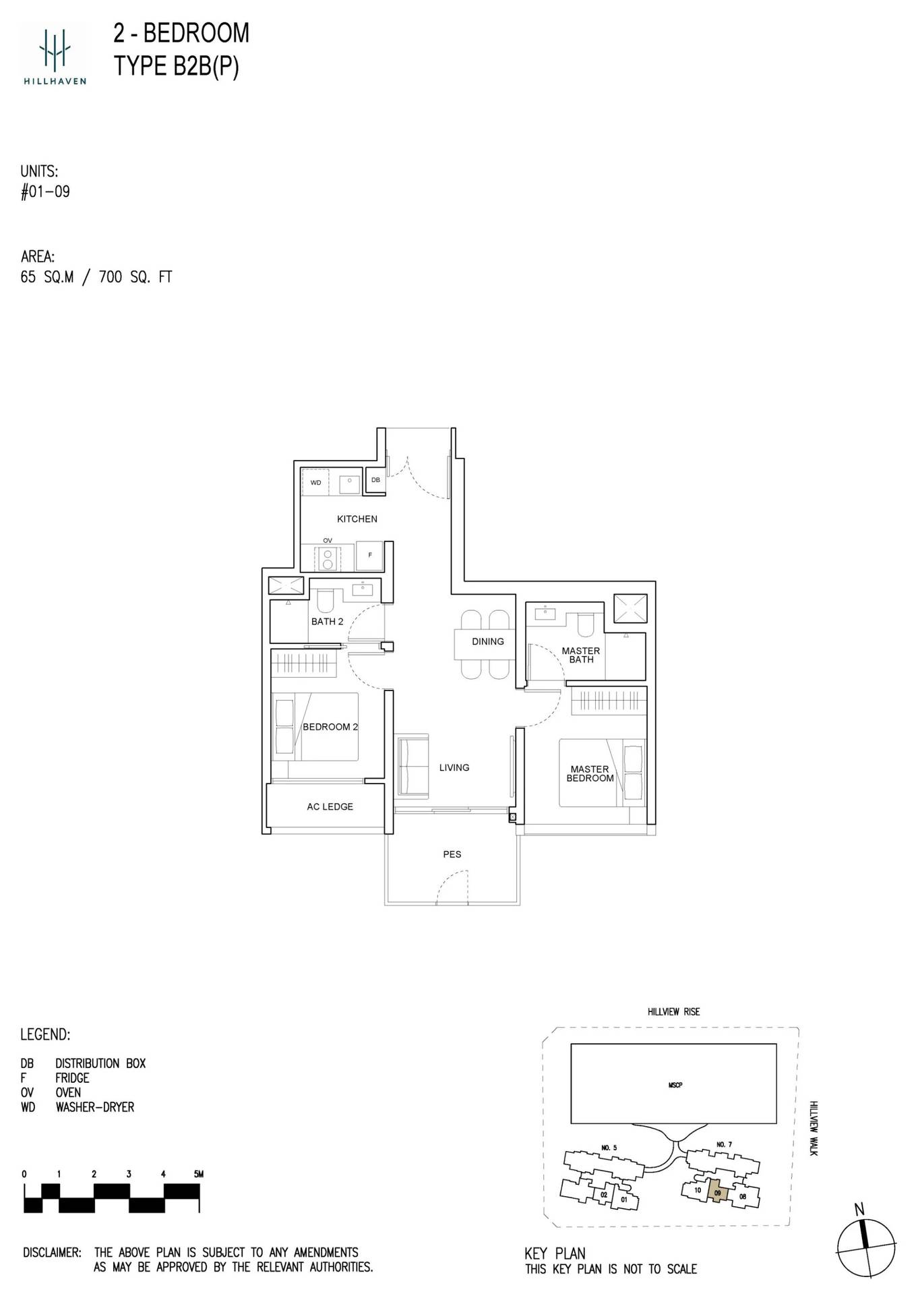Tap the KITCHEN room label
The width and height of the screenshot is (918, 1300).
[x=357, y=519]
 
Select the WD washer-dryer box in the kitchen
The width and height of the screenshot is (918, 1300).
[x=315, y=482]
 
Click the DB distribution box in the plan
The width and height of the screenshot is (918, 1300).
[x=375, y=480]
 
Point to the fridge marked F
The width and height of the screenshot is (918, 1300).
[x=369, y=555]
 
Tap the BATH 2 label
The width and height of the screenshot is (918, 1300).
[x=327, y=621]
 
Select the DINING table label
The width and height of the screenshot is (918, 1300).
[x=487, y=641]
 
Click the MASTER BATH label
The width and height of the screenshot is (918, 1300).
[x=580, y=655]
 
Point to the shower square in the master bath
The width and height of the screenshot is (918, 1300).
[x=630, y=609]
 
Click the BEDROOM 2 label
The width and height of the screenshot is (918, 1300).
[x=330, y=727]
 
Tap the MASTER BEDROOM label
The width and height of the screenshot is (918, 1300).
[x=590, y=773]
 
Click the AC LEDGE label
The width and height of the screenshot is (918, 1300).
[x=330, y=806]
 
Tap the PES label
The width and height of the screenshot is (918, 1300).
[x=452, y=854]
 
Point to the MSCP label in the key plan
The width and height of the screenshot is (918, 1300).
[x=675, y=1085]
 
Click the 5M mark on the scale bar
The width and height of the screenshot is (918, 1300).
[x=198, y=1174]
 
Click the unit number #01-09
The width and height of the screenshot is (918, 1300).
[x=45, y=191]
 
